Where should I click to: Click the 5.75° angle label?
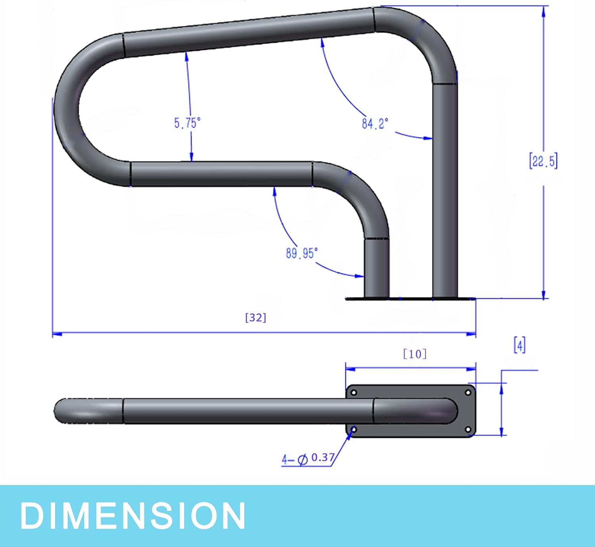click(187, 123)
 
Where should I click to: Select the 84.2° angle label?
click(374, 123)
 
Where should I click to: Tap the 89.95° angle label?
click(302, 253)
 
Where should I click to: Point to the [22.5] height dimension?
click(543, 161)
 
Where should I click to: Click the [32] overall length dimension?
click(256, 318)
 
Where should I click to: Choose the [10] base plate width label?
click(415, 354)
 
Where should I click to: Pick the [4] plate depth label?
click(520, 345)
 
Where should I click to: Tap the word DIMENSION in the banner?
click(133, 516)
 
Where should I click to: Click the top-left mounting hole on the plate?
click(354, 393)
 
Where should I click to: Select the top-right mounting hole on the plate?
click(468, 393)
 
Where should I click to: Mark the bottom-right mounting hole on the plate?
click(468, 430)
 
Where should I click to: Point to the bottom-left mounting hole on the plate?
click(354, 430)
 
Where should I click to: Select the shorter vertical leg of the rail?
click(376, 268)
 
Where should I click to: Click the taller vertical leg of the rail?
click(445, 190)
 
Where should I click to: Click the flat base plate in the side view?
click(411, 298)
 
